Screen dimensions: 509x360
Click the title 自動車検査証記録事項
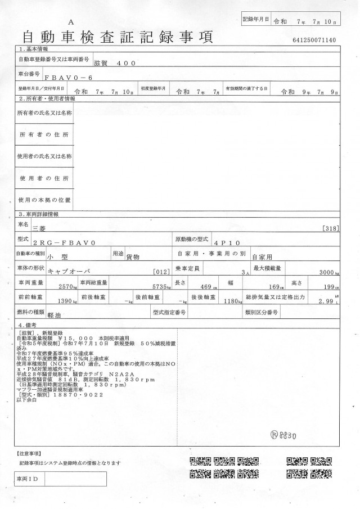pos(117,38)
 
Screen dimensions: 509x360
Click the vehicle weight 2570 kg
pos(68,286)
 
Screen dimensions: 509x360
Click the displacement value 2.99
pos(330,302)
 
